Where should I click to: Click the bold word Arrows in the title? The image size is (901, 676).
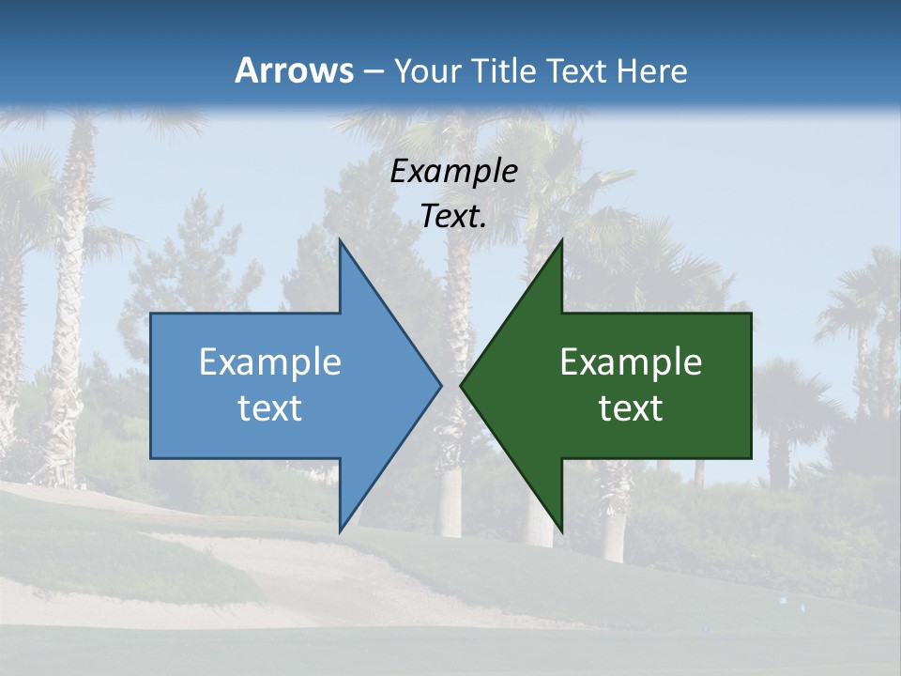point(293,70)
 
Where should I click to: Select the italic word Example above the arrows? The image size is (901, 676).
point(453,171)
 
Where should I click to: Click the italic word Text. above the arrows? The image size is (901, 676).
point(453,216)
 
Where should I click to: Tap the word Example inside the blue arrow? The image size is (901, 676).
point(270,361)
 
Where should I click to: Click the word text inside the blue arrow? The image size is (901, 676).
point(270,408)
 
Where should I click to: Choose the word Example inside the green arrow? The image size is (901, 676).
point(631,361)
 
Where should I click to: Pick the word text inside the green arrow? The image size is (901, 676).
point(631,408)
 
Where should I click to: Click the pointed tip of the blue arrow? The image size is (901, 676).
point(441,385)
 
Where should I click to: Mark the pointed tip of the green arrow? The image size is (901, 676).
point(461,385)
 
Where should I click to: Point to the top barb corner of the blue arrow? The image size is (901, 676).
point(340,240)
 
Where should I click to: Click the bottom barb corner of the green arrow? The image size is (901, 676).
point(562,530)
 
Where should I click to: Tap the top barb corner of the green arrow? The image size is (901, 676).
point(562,240)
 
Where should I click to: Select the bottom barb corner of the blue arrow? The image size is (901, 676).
point(340,530)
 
